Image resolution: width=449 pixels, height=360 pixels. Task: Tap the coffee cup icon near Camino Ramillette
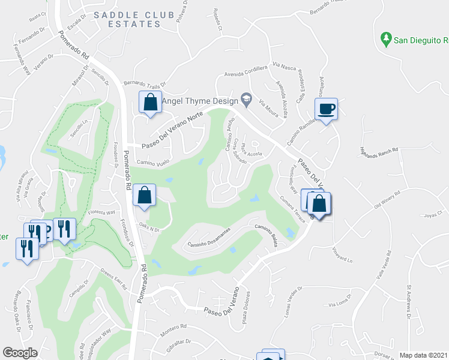click(326, 109)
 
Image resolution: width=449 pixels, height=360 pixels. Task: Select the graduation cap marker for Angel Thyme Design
click(246, 97)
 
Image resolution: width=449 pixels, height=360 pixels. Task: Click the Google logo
click(20, 353)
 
